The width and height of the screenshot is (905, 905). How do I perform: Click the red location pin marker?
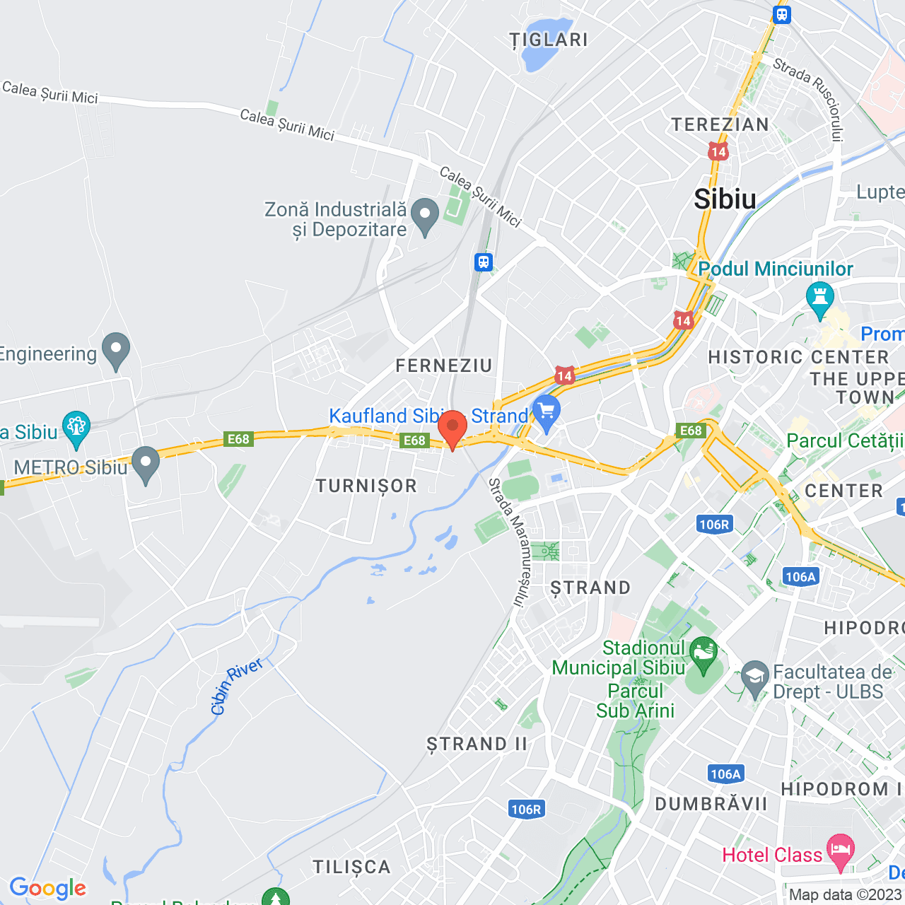[452, 428]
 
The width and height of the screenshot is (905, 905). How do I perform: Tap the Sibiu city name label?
[725, 199]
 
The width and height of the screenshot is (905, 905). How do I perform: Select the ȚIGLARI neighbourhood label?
[549, 40]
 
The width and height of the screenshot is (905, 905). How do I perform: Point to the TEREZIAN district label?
[720, 124]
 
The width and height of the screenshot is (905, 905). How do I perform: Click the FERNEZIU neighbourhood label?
[443, 366]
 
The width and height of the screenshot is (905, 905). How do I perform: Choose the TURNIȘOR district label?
[366, 486]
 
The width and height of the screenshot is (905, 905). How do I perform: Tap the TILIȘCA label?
[351, 867]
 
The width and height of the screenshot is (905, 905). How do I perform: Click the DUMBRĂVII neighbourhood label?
[711, 804]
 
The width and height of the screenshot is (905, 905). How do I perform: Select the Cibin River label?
[237, 685]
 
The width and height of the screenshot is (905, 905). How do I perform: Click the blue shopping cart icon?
[547, 412]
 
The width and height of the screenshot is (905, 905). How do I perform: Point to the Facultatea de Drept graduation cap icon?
[755, 677]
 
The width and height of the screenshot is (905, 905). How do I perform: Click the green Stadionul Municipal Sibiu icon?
[703, 653]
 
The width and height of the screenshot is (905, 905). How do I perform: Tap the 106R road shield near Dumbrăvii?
[526, 810]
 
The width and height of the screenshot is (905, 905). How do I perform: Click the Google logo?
[47, 887]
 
